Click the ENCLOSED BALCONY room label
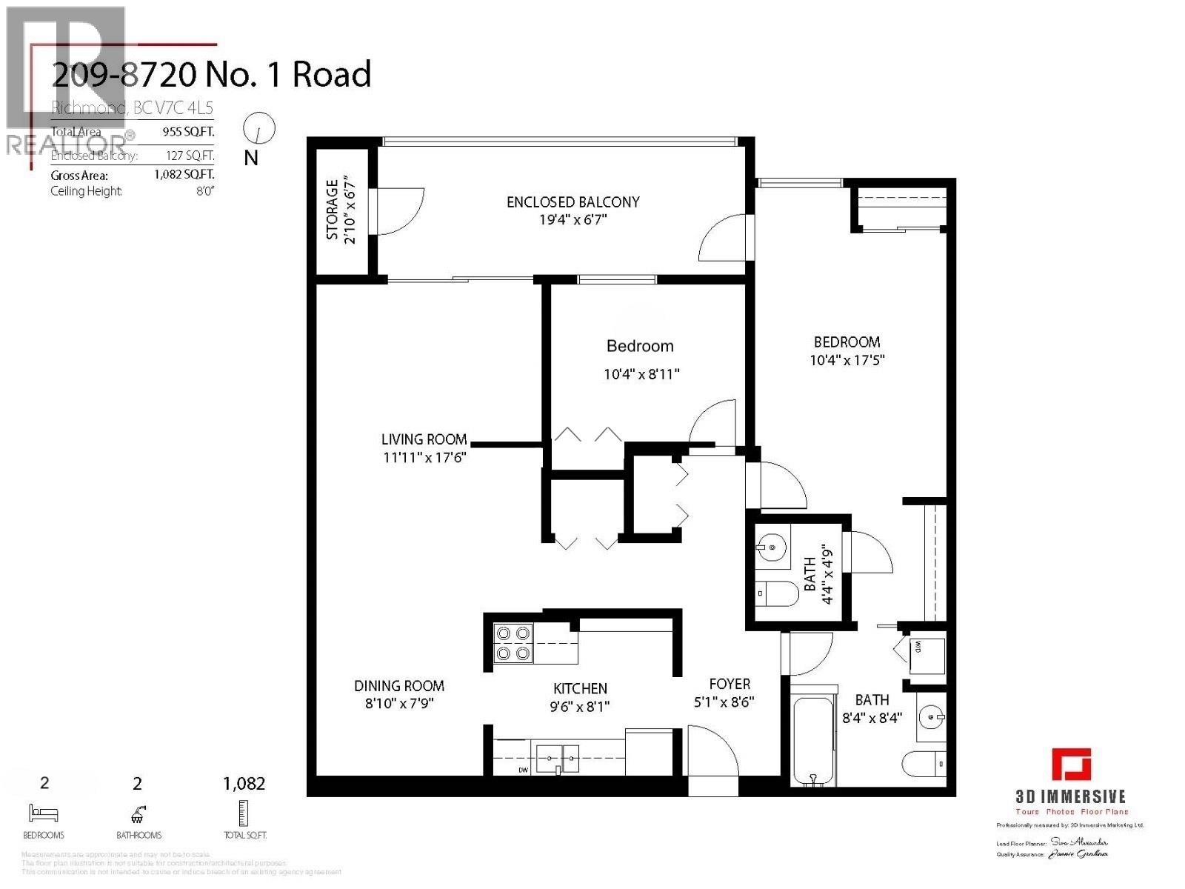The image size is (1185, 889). (573, 202)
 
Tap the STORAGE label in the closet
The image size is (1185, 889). (332, 209)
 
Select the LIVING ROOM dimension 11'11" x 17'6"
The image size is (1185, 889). (424, 458)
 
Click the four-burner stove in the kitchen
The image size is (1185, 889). (513, 643)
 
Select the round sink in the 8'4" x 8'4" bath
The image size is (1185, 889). (931, 716)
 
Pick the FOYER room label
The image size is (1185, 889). (729, 684)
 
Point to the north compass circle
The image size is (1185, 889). (258, 129)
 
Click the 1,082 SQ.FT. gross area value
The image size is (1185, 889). (184, 176)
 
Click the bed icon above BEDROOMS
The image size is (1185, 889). (43, 813)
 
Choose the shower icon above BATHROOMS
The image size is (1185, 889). (138, 813)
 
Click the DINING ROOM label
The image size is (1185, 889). (398, 686)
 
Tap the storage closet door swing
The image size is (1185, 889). (400, 211)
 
